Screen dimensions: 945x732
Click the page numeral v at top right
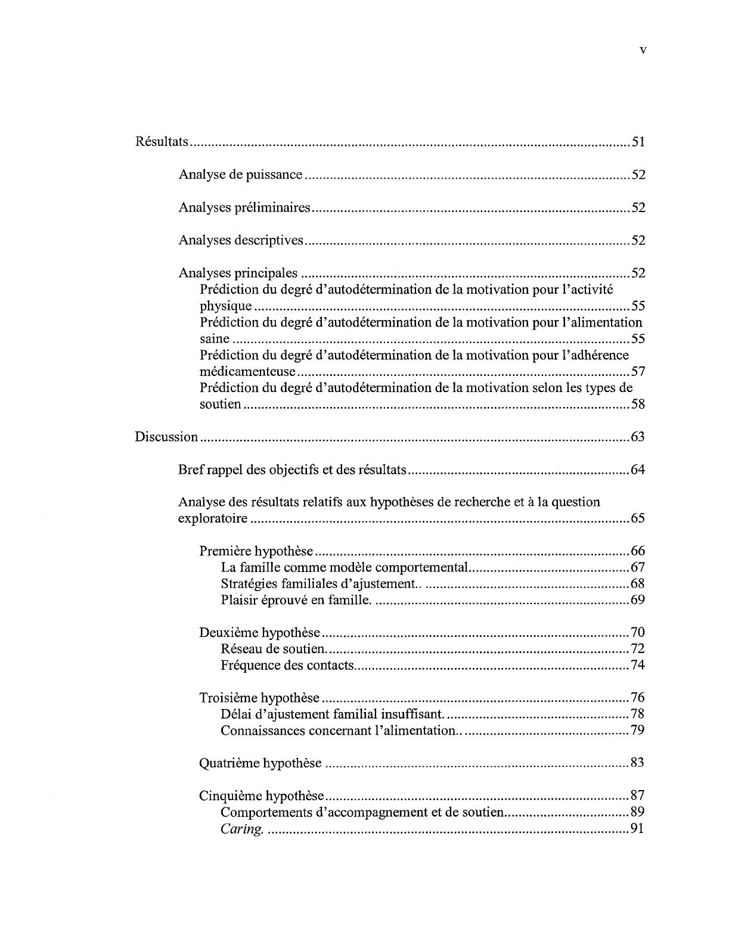click(642, 50)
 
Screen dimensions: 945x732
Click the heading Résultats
click(162, 142)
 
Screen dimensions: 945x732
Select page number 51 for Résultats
click(638, 142)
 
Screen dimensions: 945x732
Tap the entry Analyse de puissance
click(240, 175)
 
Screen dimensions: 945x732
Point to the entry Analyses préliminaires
click(244, 207)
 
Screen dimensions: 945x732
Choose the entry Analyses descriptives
click(241, 240)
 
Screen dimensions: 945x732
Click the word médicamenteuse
click(247, 372)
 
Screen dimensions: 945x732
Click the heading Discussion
click(166, 437)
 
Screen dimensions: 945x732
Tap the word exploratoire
click(213, 518)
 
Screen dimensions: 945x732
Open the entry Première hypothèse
click(256, 551)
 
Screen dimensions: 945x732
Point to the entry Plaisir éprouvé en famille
click(296, 600)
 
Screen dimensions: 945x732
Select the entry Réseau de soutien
click(273, 649)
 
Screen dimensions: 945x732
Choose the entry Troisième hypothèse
click(259, 698)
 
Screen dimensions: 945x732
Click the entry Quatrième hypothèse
click(260, 763)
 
